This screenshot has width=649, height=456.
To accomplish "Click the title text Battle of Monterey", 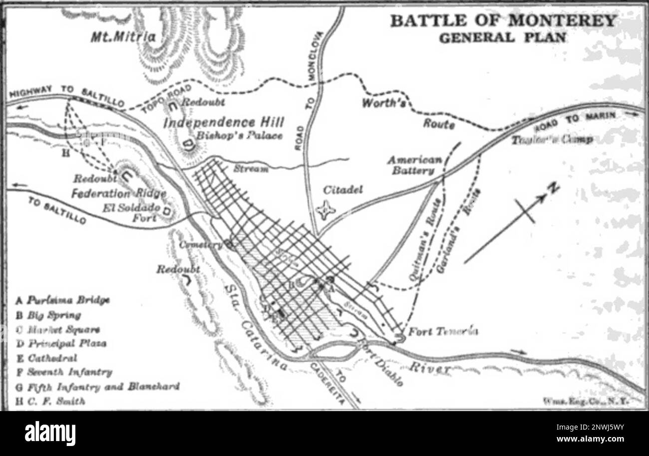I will point(503,21).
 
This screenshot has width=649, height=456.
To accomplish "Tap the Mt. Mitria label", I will point(123,37).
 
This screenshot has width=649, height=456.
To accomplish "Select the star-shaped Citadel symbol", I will point(326,210).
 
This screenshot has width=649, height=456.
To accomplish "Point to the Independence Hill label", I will point(224,122).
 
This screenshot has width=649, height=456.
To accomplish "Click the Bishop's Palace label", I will point(239,135).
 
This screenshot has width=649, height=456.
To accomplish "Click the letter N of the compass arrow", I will point(553,189).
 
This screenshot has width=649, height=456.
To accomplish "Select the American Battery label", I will point(415,165).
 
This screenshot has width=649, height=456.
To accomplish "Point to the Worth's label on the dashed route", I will point(382,104).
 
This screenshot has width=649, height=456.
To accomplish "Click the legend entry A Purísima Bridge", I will point(62,300).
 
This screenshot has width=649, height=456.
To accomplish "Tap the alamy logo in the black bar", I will point(50,434).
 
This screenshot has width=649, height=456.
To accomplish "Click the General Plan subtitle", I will point(503,37).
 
